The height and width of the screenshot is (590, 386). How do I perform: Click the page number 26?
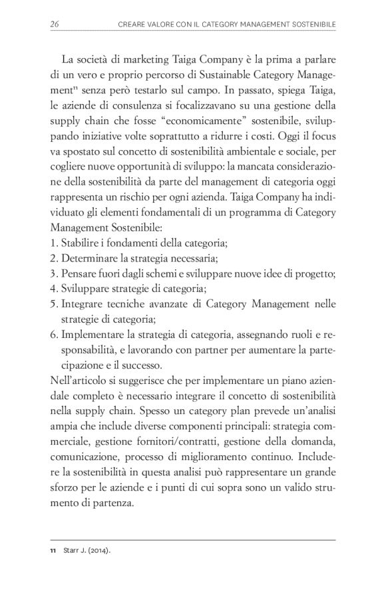(x=55, y=25)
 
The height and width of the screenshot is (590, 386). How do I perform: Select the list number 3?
(x=53, y=274)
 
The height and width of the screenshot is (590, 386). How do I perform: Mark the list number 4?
(x=53, y=289)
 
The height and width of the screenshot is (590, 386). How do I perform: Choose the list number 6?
(x=53, y=335)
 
